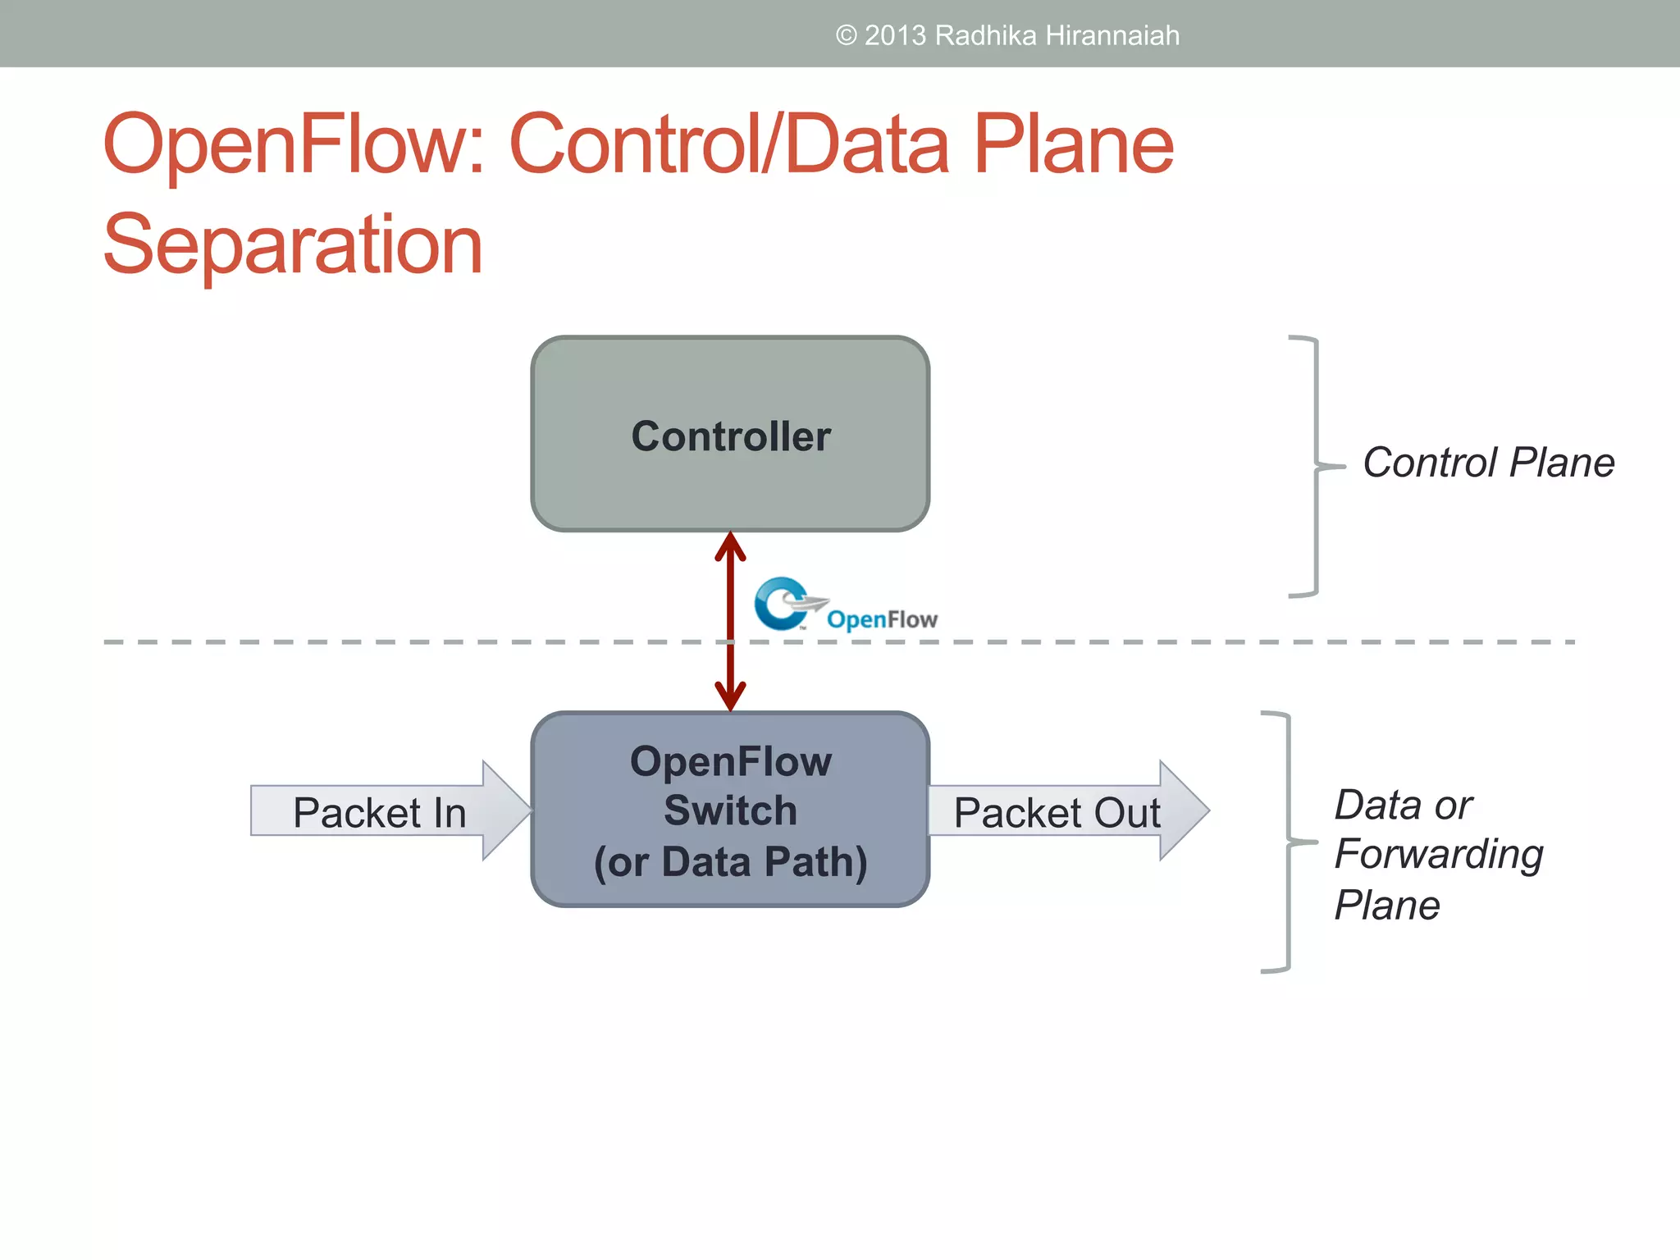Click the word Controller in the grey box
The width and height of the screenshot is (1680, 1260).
coord(730,436)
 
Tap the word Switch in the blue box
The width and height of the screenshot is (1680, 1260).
coord(730,811)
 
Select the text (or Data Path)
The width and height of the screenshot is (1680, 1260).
coord(730,862)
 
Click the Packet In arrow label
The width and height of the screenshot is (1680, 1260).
coord(379,813)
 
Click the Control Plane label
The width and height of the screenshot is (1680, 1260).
coord(1488,463)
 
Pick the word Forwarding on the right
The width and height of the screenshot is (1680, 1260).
coord(1438,855)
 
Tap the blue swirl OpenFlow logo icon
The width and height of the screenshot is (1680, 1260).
coord(780,604)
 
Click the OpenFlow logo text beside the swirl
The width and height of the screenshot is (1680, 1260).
coord(882,619)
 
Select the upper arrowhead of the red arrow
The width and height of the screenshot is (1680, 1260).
coord(730,546)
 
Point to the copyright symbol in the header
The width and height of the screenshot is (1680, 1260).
coord(846,36)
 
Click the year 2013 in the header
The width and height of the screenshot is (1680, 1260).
coord(895,36)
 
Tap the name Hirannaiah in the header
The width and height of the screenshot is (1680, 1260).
coord(1112,36)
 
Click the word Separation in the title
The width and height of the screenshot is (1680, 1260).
coord(293,244)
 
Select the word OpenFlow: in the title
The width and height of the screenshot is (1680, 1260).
coord(295,144)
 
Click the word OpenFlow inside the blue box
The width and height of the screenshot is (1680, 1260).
coord(730,761)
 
